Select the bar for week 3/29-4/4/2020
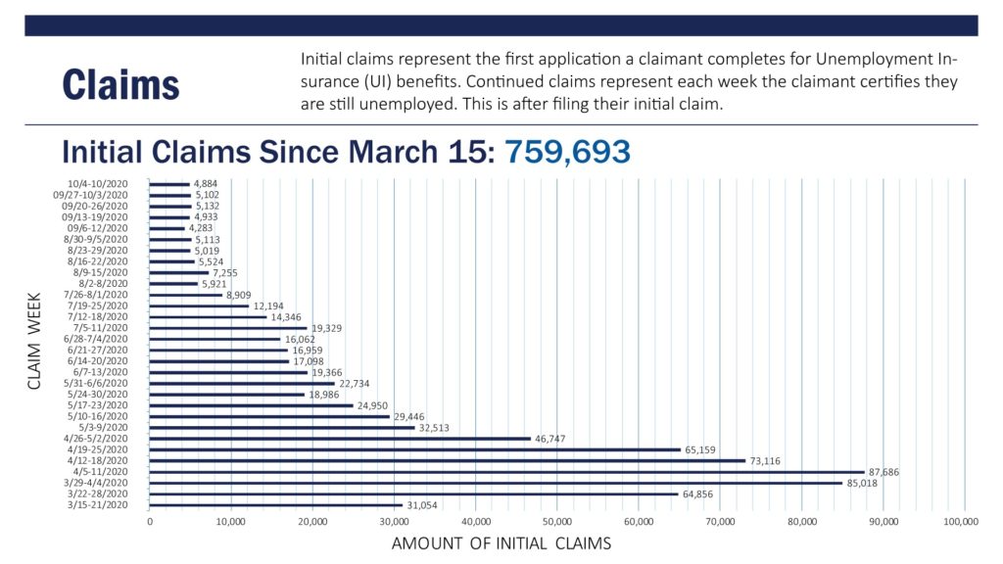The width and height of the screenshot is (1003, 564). [x=496, y=482]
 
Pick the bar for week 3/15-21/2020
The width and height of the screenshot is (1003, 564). [x=275, y=504]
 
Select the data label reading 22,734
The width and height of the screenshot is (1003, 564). [x=354, y=384]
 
